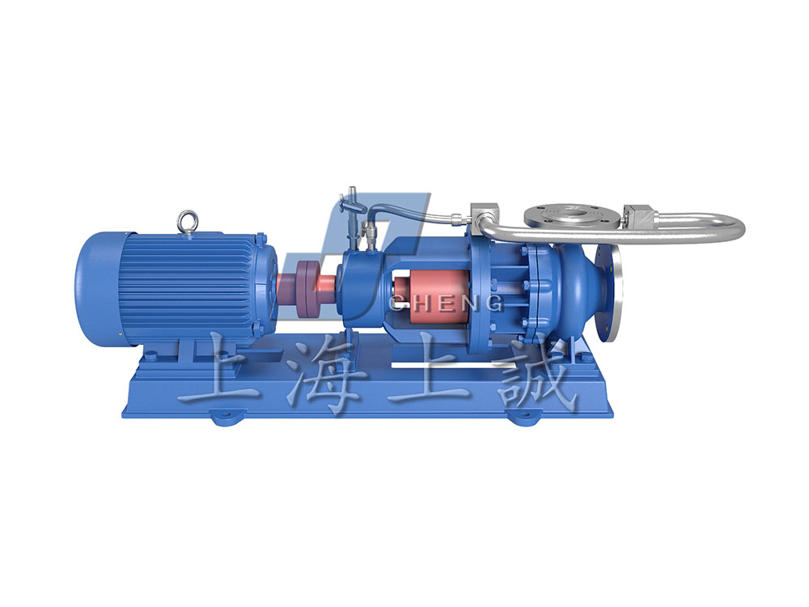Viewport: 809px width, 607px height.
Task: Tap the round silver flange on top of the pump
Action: [573, 216]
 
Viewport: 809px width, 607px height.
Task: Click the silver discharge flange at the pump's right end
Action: [610, 295]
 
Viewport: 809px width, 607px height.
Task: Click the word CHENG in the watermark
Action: [446, 303]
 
